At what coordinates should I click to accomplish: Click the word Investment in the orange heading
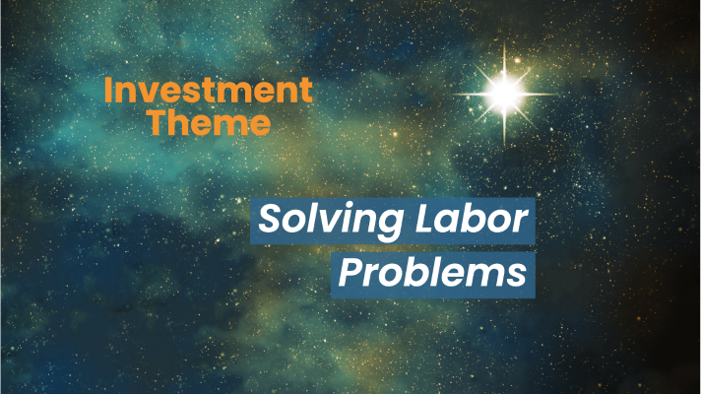pos(209,90)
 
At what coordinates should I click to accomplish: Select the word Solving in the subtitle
pos(331,221)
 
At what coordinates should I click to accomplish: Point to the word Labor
pos(472,219)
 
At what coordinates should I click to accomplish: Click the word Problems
pos(433,273)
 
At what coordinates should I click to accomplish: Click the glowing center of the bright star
pos(505,94)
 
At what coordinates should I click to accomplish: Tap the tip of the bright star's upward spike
pos(505,41)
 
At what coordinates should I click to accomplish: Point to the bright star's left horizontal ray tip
pos(452,95)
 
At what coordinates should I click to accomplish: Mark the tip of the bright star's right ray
pos(558,94)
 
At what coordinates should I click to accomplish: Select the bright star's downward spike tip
pos(505,146)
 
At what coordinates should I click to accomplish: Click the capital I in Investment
pos(108,90)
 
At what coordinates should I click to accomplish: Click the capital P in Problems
pos(350,273)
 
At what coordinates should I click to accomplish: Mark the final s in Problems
pos(518,277)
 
